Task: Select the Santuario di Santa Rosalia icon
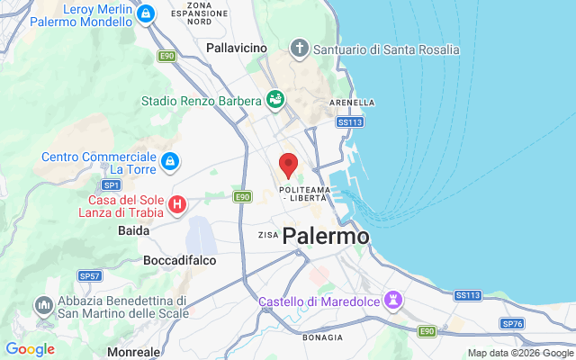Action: pyautogui.click(x=300, y=48)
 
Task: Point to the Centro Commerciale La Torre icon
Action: pyautogui.click(x=169, y=161)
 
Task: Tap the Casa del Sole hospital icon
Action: pyautogui.click(x=177, y=205)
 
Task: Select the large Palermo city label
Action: pyautogui.click(x=326, y=237)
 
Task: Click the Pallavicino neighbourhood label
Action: pyautogui.click(x=237, y=47)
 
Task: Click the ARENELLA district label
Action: pyautogui.click(x=353, y=103)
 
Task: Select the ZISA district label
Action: pyautogui.click(x=268, y=235)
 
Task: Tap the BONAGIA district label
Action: pyautogui.click(x=321, y=337)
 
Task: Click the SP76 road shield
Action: pyautogui.click(x=513, y=323)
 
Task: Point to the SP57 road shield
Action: pyautogui.click(x=89, y=276)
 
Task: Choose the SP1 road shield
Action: pyautogui.click(x=111, y=184)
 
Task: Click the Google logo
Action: pyautogui.click(x=30, y=349)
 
